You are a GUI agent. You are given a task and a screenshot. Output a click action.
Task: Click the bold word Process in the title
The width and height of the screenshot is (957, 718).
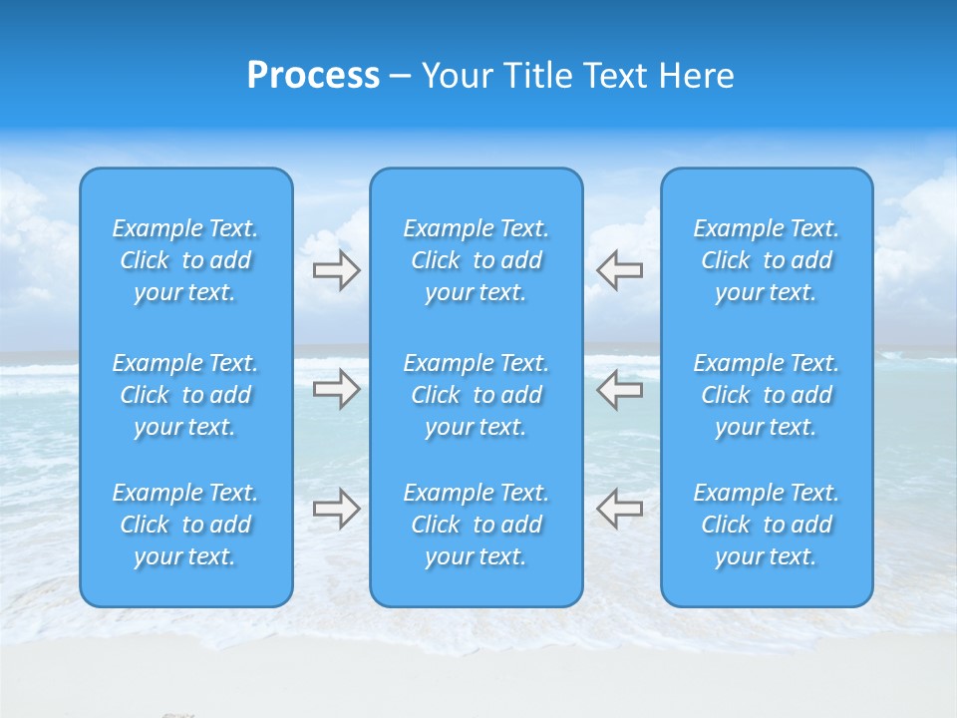313,76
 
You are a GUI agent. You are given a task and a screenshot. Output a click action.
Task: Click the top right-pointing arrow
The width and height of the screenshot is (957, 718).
336,270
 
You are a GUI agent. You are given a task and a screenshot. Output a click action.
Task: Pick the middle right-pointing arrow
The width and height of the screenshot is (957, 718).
336,389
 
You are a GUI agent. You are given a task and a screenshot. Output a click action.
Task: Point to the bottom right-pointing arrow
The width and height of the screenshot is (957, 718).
336,508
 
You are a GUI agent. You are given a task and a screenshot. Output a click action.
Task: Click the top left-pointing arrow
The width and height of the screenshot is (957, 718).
620,270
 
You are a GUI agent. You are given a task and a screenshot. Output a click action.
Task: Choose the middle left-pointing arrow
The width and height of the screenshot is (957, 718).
620,389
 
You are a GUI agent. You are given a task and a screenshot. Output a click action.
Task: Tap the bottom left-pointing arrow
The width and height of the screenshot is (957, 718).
620,508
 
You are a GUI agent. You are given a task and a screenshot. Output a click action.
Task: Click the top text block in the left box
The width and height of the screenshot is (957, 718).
185,260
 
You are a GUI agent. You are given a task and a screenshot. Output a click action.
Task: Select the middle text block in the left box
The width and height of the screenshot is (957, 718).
185,395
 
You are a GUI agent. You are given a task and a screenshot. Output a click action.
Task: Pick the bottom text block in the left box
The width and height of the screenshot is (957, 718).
185,525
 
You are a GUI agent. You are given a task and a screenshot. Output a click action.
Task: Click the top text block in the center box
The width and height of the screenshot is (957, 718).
477,260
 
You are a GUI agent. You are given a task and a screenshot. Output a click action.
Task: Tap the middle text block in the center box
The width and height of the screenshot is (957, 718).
477,395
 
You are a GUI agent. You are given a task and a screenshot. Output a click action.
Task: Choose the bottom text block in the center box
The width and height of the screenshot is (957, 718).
477,525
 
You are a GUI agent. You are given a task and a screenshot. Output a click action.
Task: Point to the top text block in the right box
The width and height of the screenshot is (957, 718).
767,260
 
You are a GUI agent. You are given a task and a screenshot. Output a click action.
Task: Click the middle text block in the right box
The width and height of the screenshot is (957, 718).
767,395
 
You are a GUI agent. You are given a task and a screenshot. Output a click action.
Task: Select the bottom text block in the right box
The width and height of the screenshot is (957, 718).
767,525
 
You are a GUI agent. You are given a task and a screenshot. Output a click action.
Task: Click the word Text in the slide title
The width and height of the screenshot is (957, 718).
616,76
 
